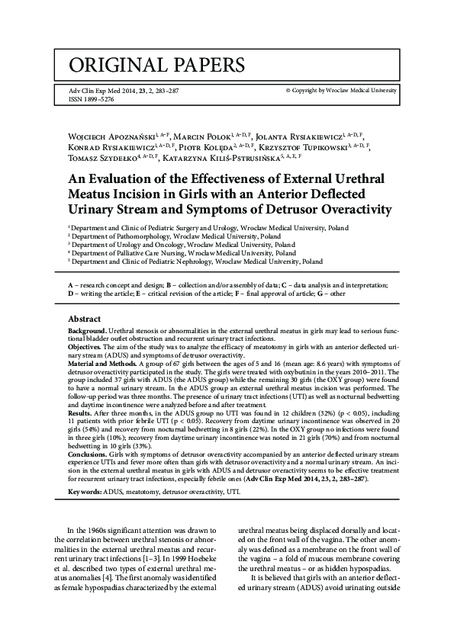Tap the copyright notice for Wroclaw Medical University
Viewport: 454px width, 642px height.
(x=341, y=90)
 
